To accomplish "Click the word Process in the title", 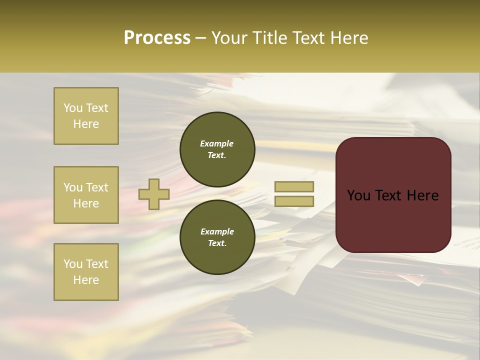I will [157, 38].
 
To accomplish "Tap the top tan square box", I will [86, 116].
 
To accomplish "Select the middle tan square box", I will [86, 195].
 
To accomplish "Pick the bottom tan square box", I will [86, 272].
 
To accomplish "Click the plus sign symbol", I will [154, 194].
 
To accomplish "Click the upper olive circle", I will [217, 149].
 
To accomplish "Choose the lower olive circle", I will [217, 237].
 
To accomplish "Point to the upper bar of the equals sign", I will [294, 187].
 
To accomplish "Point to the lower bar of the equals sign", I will [294, 201].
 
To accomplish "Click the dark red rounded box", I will [393, 194].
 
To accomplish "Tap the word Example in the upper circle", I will [217, 143].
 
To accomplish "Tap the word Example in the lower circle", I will [217, 231].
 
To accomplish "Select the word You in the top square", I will [73, 108].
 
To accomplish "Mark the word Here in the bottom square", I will [86, 280].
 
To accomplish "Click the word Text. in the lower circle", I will [217, 243].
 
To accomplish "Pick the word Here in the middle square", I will [86, 203].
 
